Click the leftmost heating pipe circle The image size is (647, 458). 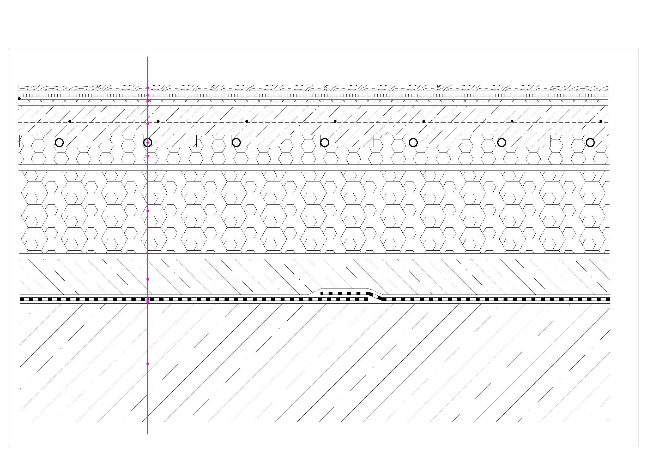click(x=59, y=143)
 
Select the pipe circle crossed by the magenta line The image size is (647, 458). click(x=148, y=143)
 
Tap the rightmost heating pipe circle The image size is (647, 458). click(x=590, y=143)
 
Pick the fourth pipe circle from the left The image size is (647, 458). click(x=325, y=143)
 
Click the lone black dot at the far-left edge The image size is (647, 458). click(x=19, y=98)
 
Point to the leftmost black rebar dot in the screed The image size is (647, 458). click(x=70, y=121)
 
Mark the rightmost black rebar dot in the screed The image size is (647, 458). click(x=601, y=121)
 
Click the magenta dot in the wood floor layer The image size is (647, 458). click(x=148, y=88)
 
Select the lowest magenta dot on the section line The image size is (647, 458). click(x=148, y=364)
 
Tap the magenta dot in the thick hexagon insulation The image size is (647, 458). click(x=148, y=211)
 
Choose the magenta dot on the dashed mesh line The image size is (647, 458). click(x=148, y=124)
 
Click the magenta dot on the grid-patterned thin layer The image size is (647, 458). click(x=148, y=95)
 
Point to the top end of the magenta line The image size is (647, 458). click(x=148, y=57)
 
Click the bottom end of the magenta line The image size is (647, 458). click(x=148, y=434)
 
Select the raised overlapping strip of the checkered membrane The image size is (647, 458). click(x=344, y=293)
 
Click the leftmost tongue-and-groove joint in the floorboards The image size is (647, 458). click(x=99, y=87)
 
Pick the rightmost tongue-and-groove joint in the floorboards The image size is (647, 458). click(x=552, y=87)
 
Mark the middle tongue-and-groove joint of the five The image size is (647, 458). click(x=325, y=87)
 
